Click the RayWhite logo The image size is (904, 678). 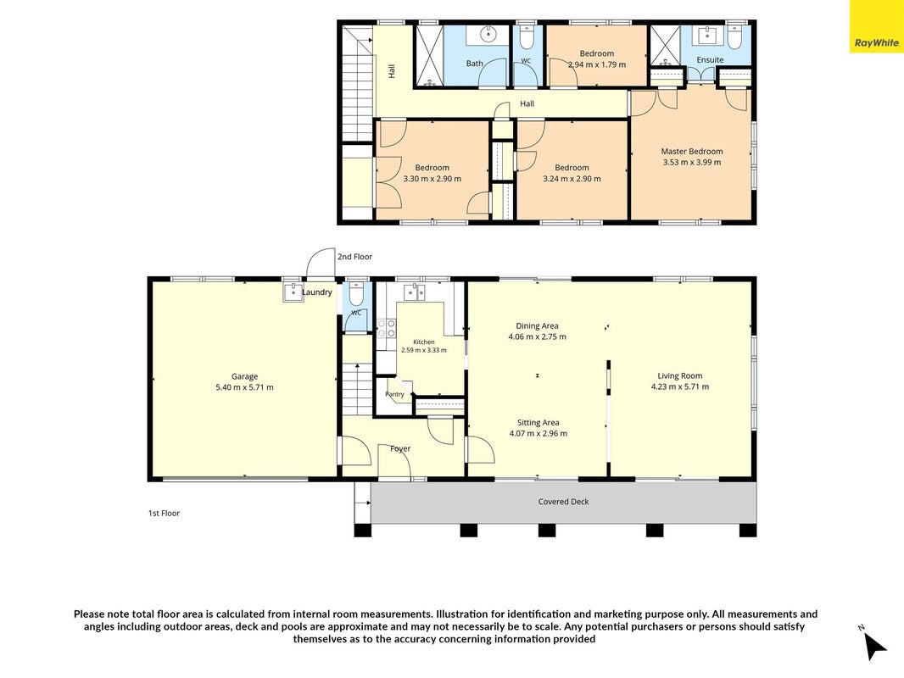pos(876,42)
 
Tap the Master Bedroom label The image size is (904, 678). pos(692,152)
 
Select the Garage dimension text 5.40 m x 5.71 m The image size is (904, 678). pos(244,387)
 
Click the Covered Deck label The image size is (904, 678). pos(563,502)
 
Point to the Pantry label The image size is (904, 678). pos(394,395)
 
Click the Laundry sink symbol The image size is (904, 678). pos(293,292)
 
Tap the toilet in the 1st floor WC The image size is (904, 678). pos(355,294)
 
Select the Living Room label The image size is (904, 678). pos(680,376)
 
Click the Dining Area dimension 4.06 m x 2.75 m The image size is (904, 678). pos(538,337)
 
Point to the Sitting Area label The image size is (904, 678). pos(538,423)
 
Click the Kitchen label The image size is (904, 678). pos(424,342)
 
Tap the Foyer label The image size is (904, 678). pos(400,448)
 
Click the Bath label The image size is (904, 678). pos(475,64)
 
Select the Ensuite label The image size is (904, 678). pos(710,60)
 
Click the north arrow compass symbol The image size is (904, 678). pos(873,645)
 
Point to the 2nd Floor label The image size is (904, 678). pos(354,257)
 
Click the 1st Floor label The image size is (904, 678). pos(165,514)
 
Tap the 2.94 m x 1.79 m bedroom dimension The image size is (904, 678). pos(597,64)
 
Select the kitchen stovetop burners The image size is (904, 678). pos(386,328)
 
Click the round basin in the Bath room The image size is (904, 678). pos(489,34)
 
